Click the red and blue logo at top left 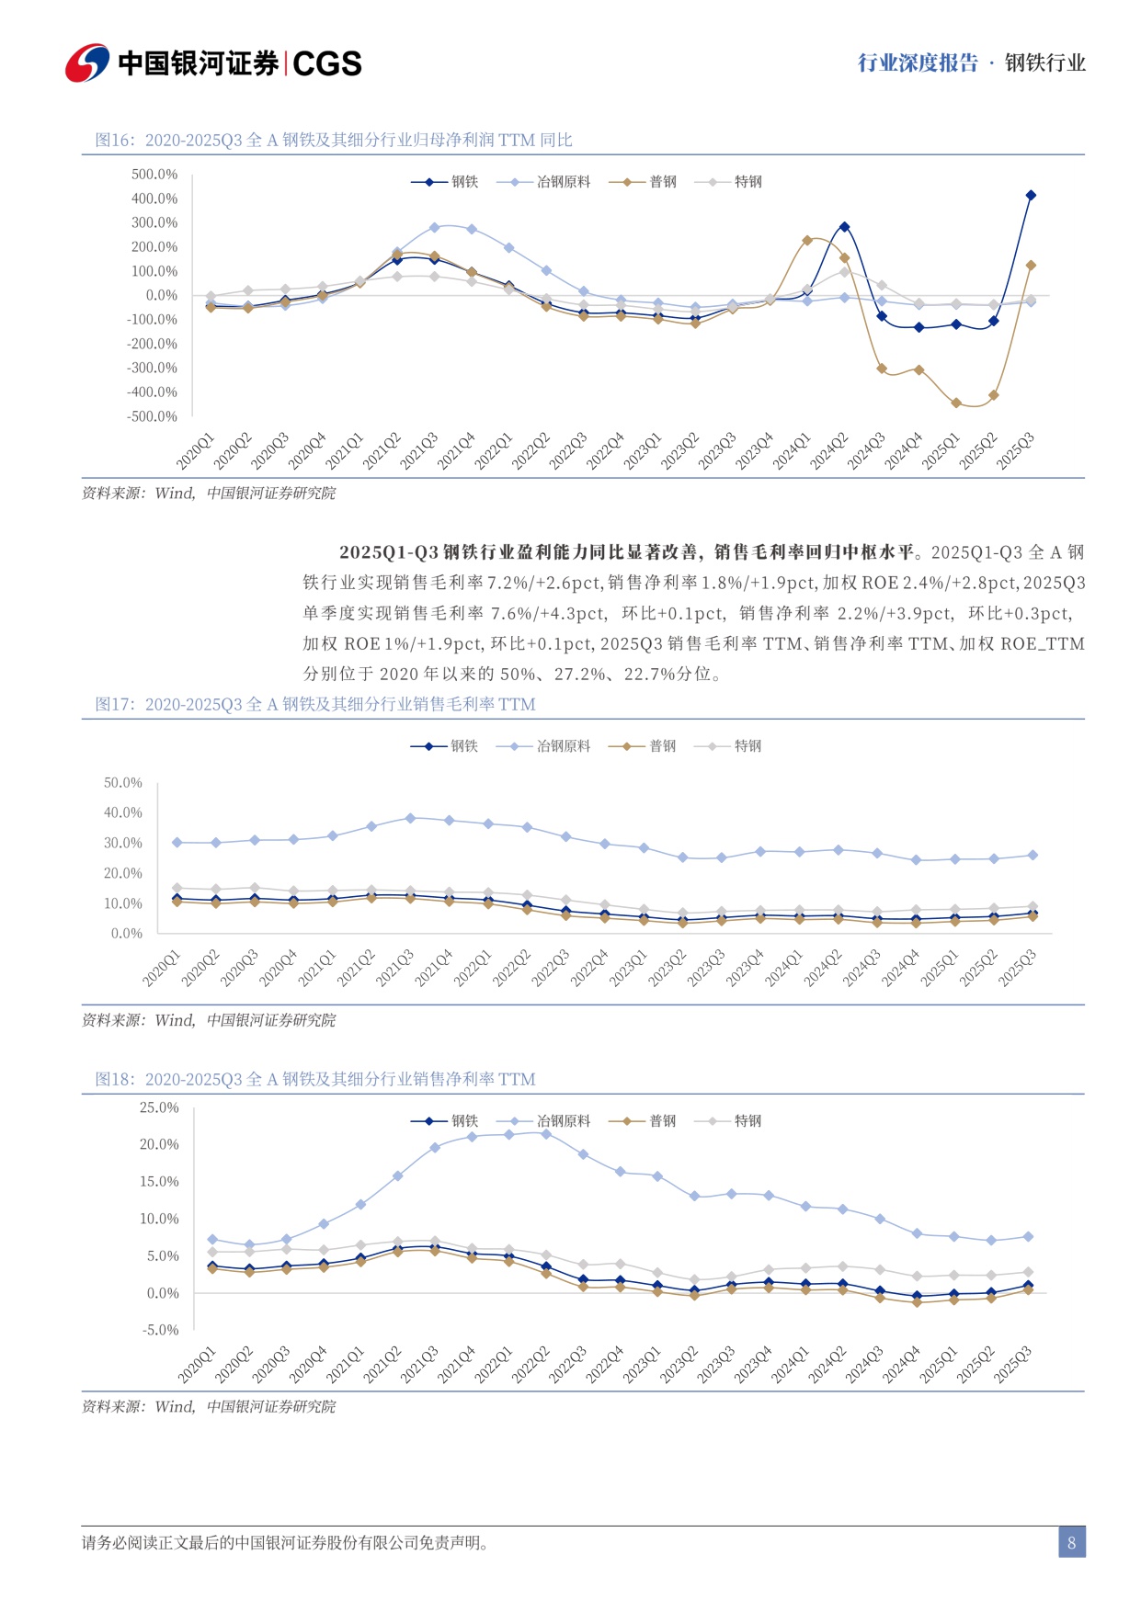click(x=86, y=62)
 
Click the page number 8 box click(x=1071, y=1542)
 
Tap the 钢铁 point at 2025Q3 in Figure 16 click(x=1031, y=195)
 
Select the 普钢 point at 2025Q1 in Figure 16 click(x=956, y=403)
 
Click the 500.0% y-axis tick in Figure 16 click(x=154, y=175)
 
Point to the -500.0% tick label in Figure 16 click(x=153, y=416)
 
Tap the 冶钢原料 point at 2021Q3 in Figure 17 click(x=410, y=817)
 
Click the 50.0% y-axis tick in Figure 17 click(x=123, y=783)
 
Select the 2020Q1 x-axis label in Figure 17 click(x=163, y=969)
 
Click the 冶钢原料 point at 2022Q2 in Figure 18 click(x=546, y=1134)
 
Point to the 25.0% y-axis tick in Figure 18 click(x=159, y=1107)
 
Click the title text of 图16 click(x=334, y=140)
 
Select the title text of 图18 click(x=315, y=1079)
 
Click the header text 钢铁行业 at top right click(x=1044, y=63)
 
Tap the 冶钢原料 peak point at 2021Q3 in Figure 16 click(x=435, y=227)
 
